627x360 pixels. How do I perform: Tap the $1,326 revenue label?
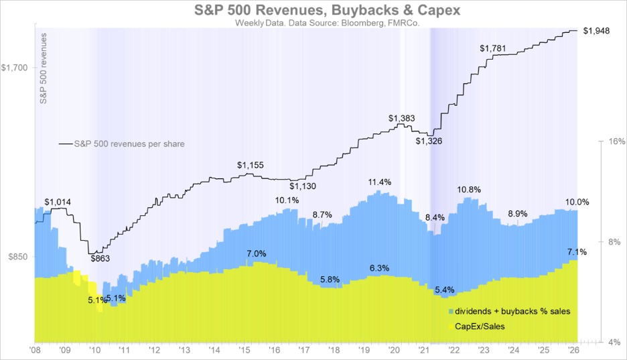[428, 141]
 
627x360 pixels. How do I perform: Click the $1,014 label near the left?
[58, 201]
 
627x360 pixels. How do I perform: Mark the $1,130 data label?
[303, 186]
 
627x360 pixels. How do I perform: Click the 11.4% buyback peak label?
[379, 182]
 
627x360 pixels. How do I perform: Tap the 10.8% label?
[468, 190]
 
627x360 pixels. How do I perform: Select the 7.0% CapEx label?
[257, 253]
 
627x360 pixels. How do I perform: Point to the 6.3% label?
[379, 268]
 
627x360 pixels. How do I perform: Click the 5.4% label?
[445, 290]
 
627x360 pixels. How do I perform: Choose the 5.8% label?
[330, 279]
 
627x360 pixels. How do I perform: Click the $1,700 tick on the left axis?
[15, 67]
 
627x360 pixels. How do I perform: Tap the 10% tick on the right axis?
[615, 141]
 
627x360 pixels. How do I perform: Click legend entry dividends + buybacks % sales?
[512, 312]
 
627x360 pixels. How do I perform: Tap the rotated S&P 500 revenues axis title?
[44, 68]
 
